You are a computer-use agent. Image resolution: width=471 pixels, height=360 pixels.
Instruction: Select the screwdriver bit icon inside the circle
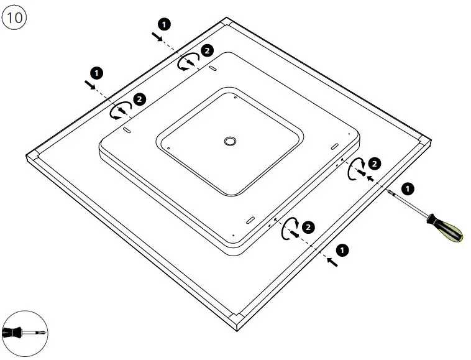click(x=24, y=333)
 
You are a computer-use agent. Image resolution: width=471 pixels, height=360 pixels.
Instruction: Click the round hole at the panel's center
click(x=230, y=142)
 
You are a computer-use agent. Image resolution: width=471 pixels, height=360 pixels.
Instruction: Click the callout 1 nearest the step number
click(x=164, y=24)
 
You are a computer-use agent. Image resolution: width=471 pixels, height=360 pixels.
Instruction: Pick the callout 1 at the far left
click(x=97, y=73)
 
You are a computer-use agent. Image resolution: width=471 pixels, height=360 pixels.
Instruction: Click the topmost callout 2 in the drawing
click(x=207, y=50)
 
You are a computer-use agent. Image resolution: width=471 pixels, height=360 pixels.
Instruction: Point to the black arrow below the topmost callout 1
click(x=158, y=37)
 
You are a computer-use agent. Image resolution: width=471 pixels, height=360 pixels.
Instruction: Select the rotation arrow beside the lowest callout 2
click(x=289, y=230)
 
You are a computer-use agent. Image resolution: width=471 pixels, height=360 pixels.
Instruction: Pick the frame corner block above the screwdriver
click(x=422, y=140)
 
